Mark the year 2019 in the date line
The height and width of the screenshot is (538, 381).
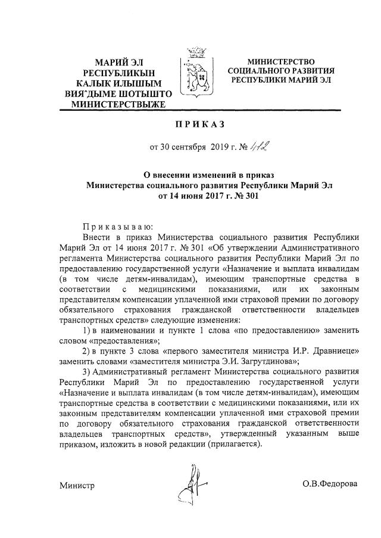[x=220, y=148]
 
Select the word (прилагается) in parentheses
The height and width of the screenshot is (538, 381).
[x=234, y=445]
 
